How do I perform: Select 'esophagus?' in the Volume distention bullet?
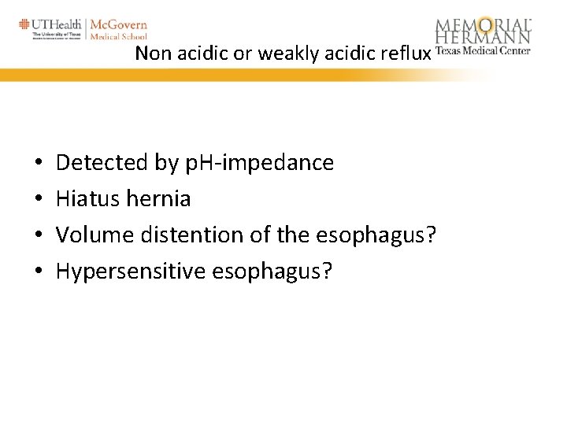[375, 235]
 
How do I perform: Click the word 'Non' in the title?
[150, 54]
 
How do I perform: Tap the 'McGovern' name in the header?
[119, 24]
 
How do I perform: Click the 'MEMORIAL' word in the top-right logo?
[484, 25]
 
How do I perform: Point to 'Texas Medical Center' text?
[482, 51]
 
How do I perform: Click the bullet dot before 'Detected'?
[39, 164]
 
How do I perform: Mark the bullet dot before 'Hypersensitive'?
[39, 272]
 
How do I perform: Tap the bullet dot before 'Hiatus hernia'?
[39, 199]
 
